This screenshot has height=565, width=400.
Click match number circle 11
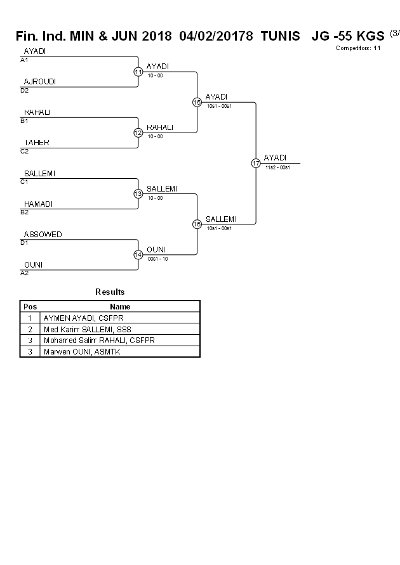[138, 72]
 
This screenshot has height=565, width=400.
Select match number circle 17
[256, 163]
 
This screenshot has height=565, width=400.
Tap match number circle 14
[138, 255]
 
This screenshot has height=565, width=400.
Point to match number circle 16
[197, 224]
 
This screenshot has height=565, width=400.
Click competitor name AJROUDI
[39, 82]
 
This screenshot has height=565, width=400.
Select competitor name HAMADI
[38, 204]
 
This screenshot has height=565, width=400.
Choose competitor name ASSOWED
[43, 235]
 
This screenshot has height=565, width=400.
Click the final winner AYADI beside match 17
[275, 158]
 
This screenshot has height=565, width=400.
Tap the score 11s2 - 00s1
[277, 167]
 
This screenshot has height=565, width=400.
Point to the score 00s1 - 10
[157, 259]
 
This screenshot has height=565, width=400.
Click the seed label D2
[24, 91]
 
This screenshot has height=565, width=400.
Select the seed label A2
[24, 273]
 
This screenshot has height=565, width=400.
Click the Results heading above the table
[110, 292]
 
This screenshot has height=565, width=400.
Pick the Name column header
[120, 306]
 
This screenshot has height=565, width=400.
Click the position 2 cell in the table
[30, 329]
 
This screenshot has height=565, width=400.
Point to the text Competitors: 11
[358, 48]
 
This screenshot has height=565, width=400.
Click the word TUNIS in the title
[280, 36]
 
